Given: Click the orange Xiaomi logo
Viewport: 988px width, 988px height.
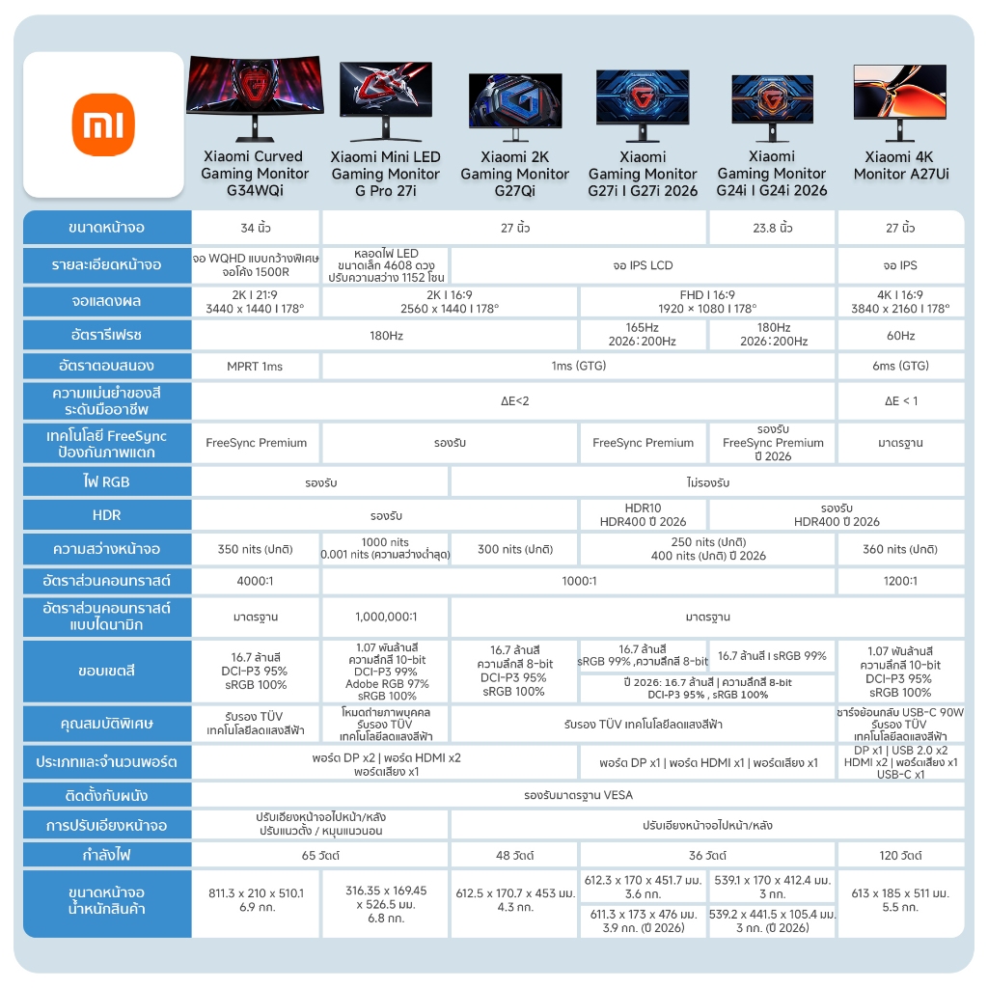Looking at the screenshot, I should [x=103, y=123].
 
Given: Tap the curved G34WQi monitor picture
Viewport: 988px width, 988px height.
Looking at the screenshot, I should [x=255, y=99].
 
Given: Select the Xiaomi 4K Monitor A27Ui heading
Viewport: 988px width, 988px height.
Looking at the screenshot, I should [x=900, y=165].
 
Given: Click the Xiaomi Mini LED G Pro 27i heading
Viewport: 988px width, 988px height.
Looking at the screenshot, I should [x=385, y=174].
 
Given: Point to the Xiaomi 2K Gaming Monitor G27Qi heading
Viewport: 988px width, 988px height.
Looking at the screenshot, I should [x=514, y=174].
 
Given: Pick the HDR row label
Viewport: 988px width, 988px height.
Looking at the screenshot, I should [x=107, y=515].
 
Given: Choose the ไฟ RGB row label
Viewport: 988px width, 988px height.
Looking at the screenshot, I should [x=107, y=481].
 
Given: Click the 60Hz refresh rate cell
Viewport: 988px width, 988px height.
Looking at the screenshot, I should [x=900, y=335].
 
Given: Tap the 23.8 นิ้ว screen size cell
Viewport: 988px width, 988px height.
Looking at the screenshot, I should [x=772, y=228].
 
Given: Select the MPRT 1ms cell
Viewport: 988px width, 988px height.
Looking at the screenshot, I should [x=256, y=367].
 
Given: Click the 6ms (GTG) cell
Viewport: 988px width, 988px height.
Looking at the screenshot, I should [x=900, y=367].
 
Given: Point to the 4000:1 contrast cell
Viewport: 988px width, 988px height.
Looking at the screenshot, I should [x=256, y=581].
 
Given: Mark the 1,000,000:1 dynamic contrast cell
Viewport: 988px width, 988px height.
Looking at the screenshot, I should [x=385, y=617].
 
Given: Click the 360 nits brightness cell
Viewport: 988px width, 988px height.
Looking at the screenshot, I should [x=900, y=549].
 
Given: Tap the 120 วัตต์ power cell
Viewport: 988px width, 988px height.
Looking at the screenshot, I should [x=900, y=855].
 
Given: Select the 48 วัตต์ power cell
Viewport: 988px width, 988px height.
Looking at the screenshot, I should [x=514, y=855].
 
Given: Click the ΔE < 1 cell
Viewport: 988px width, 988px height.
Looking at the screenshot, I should [x=900, y=400].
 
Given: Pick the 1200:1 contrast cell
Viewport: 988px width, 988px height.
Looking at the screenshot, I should [x=900, y=581].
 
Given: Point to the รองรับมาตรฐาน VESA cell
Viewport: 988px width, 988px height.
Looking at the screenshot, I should [x=579, y=795].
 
